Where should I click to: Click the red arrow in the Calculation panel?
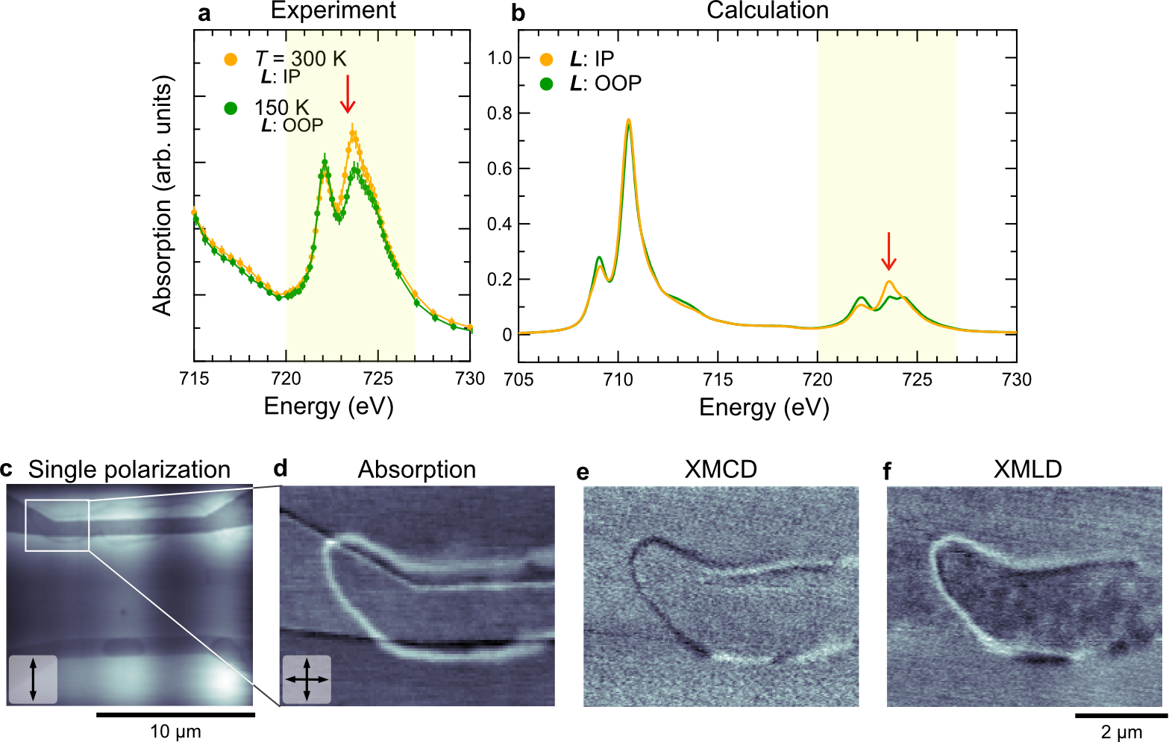tap(888, 252)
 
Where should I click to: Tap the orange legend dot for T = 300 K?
tap(231, 59)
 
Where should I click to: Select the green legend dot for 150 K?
tap(231, 108)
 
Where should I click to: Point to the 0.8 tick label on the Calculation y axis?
tap(500, 113)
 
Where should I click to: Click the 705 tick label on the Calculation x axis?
tap(518, 380)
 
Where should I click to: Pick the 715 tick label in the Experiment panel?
tap(194, 379)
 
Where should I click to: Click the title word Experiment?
tap(333, 10)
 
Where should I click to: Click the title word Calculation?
tap(768, 10)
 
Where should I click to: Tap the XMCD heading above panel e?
tap(721, 469)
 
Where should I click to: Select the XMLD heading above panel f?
tap(1027, 469)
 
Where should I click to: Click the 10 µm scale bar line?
tap(175, 714)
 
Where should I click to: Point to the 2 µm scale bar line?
tap(1121, 714)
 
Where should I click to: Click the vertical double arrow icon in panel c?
tap(32, 679)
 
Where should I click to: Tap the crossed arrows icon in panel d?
tap(307, 679)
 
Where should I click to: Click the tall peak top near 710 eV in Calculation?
tap(629, 120)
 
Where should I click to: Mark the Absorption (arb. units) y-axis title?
tap(162, 195)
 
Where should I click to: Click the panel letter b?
tap(518, 13)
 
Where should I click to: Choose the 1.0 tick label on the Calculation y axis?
tap(500, 58)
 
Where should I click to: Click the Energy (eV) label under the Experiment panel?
tap(328, 406)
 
